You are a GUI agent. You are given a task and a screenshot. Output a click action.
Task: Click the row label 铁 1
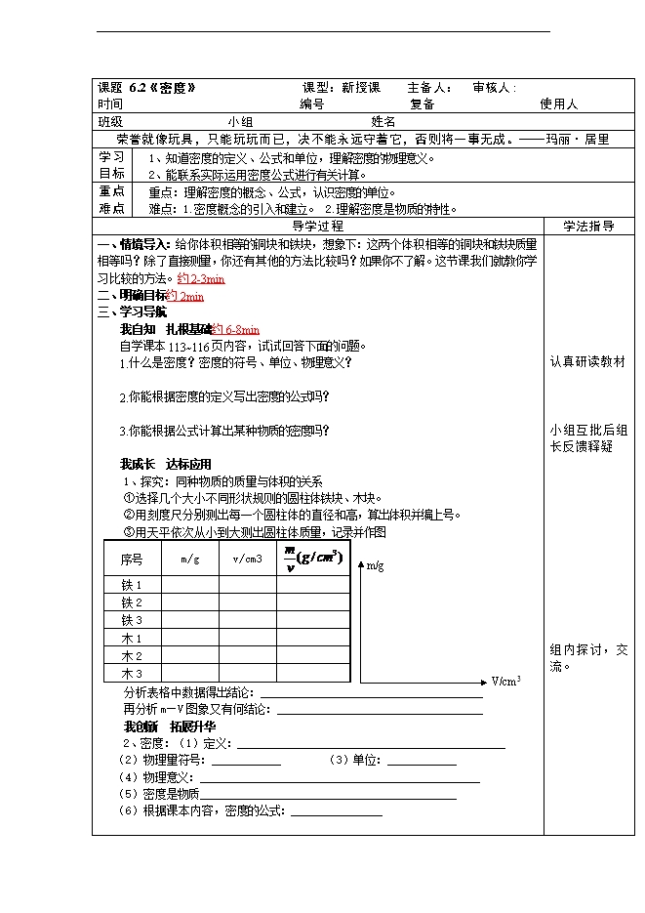[x=132, y=585]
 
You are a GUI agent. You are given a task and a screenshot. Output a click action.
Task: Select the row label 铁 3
[x=132, y=620]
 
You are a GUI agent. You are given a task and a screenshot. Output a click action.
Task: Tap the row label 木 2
[x=132, y=656]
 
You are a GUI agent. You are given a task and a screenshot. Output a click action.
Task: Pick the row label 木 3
[x=132, y=674]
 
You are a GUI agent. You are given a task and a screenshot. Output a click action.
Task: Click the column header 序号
[x=132, y=560]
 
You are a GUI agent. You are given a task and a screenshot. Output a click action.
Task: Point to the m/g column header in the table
[x=190, y=560]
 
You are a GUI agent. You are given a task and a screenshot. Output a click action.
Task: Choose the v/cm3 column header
[x=248, y=560]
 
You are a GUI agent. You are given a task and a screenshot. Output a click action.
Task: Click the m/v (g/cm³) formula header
[x=312, y=559]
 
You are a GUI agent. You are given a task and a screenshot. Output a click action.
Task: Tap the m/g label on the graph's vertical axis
[x=375, y=564]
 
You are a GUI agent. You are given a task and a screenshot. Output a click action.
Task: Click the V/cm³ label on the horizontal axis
[x=505, y=681]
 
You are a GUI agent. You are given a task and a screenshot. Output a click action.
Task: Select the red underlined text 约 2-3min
[x=201, y=279]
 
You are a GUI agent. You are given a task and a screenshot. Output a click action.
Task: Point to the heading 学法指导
[x=588, y=226]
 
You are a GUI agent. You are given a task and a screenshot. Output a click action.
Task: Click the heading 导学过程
[x=318, y=226]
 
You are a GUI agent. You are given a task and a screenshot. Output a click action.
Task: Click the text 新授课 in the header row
[x=361, y=87]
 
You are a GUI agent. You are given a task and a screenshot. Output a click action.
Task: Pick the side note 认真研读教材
[x=587, y=361]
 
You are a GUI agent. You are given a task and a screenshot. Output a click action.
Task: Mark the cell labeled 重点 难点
[x=111, y=199]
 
